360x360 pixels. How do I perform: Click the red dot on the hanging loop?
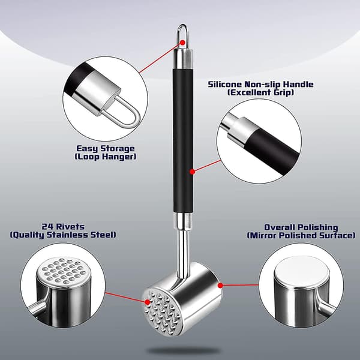(182, 43)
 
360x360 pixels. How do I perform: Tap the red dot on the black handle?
(193, 172)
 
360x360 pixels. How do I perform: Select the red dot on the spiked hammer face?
(148, 302)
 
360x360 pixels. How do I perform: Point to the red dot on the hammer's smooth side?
(220, 286)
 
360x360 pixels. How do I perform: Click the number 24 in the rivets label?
(47, 227)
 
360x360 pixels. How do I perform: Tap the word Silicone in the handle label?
(225, 84)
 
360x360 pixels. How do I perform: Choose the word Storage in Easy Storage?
(118, 149)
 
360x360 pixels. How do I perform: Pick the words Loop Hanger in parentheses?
(106, 157)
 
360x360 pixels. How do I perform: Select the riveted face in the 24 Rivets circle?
(62, 271)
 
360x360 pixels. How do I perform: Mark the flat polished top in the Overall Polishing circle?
(302, 269)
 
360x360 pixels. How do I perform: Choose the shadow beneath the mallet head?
(183, 351)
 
